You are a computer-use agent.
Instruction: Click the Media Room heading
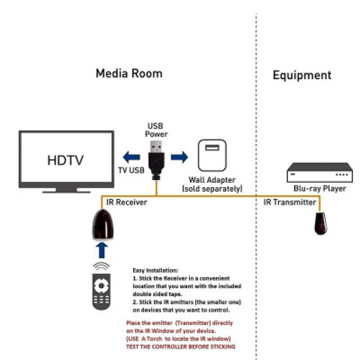coord(128,73)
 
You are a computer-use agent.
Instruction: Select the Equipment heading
coord(302,75)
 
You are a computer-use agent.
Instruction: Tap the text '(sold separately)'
coord(212,189)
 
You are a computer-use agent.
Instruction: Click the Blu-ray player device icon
coord(321,174)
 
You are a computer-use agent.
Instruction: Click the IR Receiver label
coord(123,204)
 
